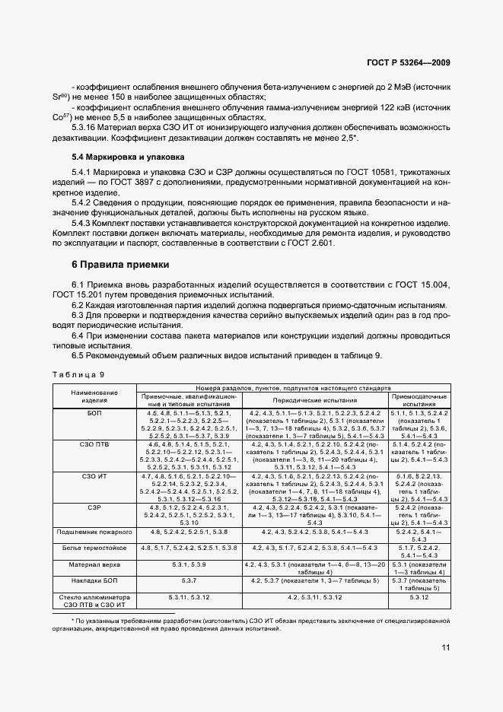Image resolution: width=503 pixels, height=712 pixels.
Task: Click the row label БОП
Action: (94, 412)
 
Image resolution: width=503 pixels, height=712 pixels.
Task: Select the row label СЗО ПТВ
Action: (94, 443)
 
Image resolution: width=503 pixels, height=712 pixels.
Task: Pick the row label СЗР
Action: (94, 506)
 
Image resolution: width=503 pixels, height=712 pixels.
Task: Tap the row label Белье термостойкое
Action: (94, 548)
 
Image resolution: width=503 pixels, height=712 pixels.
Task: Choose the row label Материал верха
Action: (94, 565)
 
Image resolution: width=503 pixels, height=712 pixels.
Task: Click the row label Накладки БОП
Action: (94, 580)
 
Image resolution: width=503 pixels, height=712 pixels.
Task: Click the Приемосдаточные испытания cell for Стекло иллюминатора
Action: (420, 598)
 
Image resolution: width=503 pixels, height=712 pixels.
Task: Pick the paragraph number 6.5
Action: (81, 356)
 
